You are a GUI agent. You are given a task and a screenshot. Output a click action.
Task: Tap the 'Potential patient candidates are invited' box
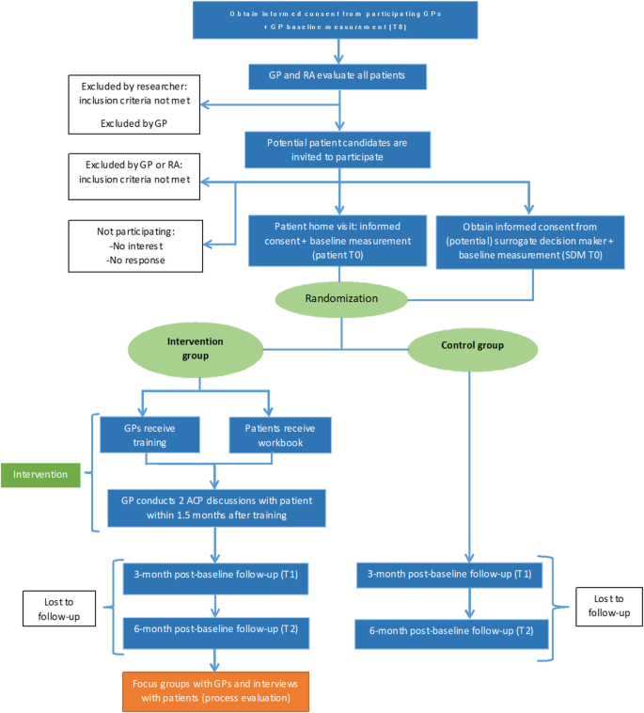[x=340, y=147]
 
